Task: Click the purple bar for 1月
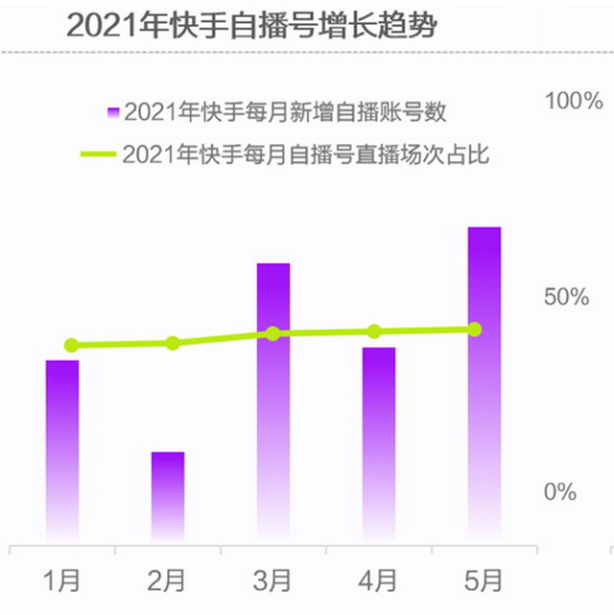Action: point(62,451)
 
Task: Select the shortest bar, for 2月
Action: point(168,497)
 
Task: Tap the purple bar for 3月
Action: point(273,403)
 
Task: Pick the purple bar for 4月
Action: point(379,445)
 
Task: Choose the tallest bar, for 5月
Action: point(484,384)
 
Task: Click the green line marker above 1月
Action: point(71,345)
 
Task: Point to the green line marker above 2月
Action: point(173,343)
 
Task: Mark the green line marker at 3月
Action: point(273,333)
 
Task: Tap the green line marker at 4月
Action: point(374,331)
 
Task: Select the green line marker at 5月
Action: point(475,329)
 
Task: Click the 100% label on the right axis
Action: point(574,102)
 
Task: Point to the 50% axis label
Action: point(567,296)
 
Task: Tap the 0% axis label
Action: point(561,492)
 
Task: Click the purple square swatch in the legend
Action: point(113,112)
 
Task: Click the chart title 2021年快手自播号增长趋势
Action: point(251,25)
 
